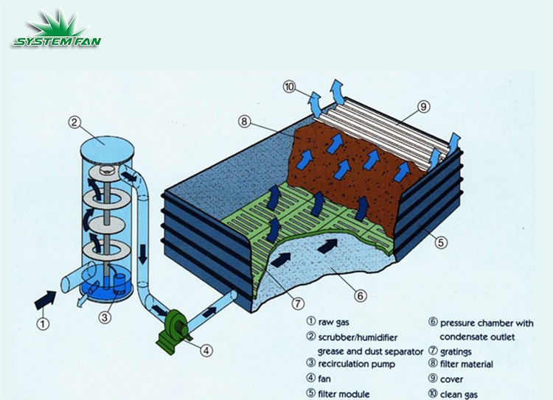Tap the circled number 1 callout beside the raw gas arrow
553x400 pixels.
(44, 323)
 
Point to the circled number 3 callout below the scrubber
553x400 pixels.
(105, 317)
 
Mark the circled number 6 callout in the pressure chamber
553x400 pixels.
(360, 295)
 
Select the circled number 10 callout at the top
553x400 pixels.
(291, 88)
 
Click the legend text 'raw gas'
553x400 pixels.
(333, 323)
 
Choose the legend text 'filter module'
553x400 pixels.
(343, 393)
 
